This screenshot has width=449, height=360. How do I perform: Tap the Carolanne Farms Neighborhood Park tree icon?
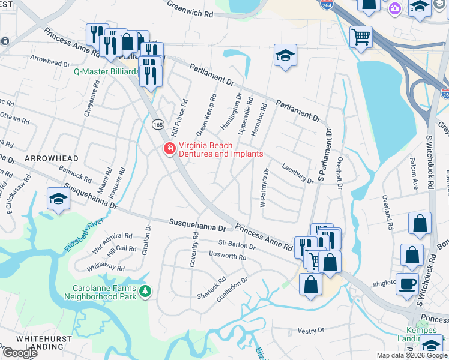[x=145, y=292]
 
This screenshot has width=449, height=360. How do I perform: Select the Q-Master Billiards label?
[x=106, y=71]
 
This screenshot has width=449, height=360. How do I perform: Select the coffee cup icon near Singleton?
[x=408, y=284]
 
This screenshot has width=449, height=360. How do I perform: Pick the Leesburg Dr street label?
[x=297, y=175]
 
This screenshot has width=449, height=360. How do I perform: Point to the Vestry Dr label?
[x=311, y=330]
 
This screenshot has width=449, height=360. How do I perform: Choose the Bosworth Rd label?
[x=228, y=256]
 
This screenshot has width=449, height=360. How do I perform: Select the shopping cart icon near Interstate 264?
[x=361, y=37]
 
